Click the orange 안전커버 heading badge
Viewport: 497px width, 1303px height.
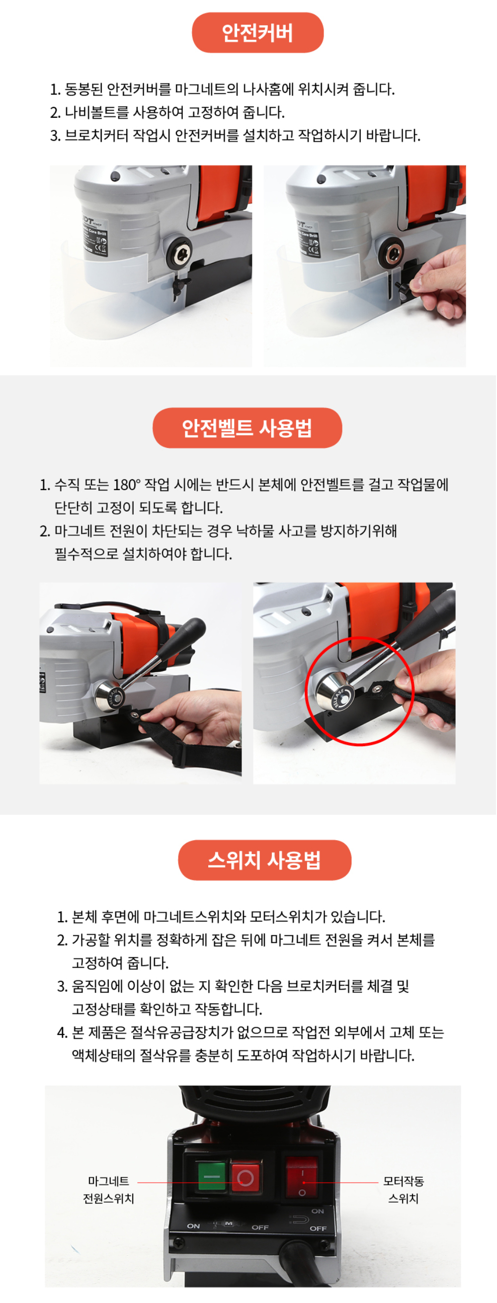click(x=257, y=33)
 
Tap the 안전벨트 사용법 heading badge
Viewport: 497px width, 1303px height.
click(x=247, y=428)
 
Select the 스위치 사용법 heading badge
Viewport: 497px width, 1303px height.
click(x=264, y=860)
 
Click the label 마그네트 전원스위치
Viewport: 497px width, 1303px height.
click(x=109, y=1190)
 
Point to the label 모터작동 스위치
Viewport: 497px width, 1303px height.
click(x=403, y=1190)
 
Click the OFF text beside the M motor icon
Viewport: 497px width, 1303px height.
click(x=260, y=1227)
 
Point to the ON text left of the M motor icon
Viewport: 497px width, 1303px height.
click(x=194, y=1226)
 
